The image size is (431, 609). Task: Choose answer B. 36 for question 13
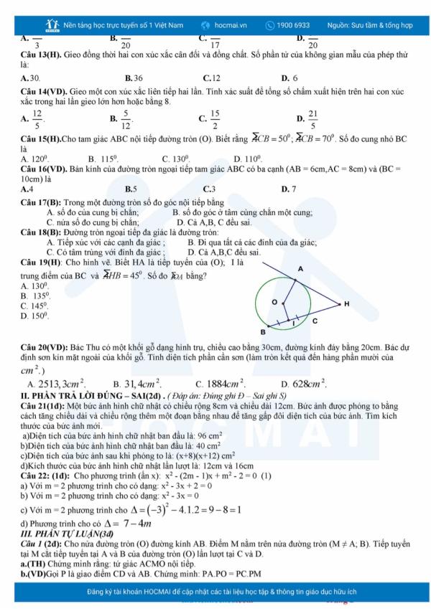point(134,77)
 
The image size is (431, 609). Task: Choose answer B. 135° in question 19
point(36,296)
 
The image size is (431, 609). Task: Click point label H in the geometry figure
point(347,304)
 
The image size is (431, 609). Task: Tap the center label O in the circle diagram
point(274,303)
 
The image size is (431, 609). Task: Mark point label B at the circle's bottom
point(262,332)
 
